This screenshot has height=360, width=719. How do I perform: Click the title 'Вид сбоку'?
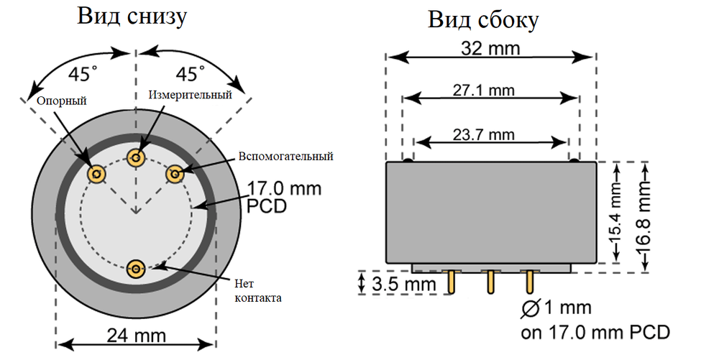tap(482, 19)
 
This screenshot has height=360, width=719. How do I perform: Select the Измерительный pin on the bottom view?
tap(136, 157)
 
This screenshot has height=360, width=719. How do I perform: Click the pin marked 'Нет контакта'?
tap(136, 269)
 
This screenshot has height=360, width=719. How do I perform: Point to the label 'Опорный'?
tap(62, 101)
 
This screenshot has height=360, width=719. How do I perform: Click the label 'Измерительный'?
tap(191, 94)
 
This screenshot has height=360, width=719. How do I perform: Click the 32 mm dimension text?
tap(491, 49)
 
